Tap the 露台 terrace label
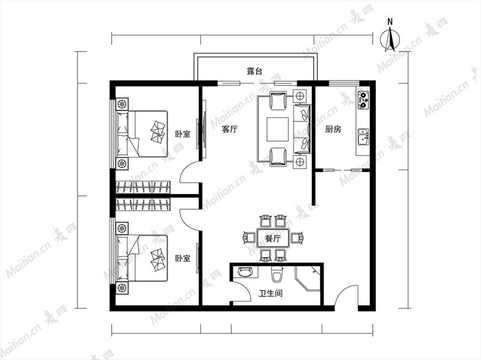point(254,72)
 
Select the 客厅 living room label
point(230,129)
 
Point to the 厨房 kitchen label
point(333,129)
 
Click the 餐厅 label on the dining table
point(273,238)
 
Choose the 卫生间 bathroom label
point(270,293)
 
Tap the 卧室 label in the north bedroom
point(183,134)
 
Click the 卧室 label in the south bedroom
point(183,258)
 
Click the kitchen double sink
point(364,137)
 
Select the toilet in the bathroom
point(277,274)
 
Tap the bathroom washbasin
point(245,272)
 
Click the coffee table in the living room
point(278,129)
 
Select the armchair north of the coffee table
point(278,101)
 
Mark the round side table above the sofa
point(299,96)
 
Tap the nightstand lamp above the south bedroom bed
point(122,229)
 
